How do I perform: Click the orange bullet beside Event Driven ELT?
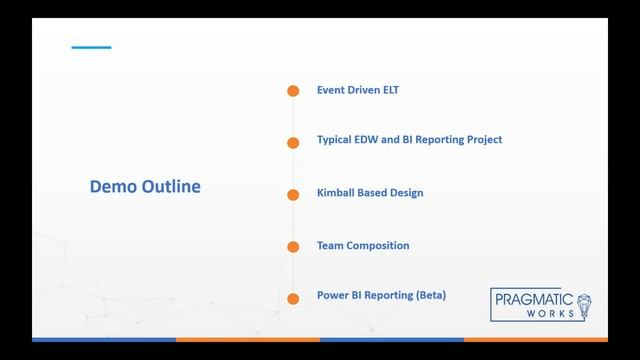point(293,91)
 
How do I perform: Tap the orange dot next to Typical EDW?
point(293,143)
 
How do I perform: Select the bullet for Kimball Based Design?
point(293,195)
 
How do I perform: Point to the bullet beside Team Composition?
point(293,247)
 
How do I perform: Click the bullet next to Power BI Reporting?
point(293,299)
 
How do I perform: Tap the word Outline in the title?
point(168,187)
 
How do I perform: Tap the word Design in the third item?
point(417,192)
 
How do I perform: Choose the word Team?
point(330,245)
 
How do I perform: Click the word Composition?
point(378,245)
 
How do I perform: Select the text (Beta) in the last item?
point(430,296)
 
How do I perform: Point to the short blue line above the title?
point(91,48)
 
